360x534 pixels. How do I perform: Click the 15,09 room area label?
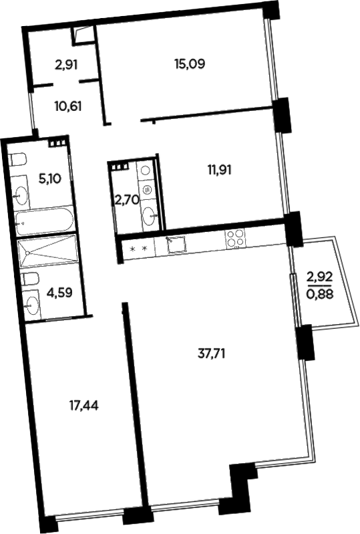point(189,65)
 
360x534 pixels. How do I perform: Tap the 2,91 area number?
point(66,65)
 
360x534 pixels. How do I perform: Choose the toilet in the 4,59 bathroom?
point(28,279)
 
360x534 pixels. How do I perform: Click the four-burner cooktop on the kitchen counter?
point(234,237)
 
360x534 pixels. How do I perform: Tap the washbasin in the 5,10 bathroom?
point(21,196)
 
